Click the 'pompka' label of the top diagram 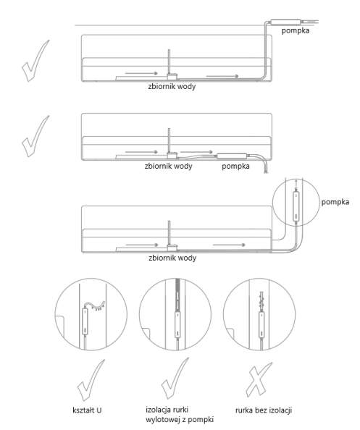click(x=296, y=30)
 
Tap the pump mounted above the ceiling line click(x=285, y=22)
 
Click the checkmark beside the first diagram click(x=35, y=61)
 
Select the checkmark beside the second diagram click(x=35, y=136)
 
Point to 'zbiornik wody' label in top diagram click(x=172, y=86)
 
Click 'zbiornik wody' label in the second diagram click(x=169, y=166)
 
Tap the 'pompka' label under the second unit click(x=235, y=166)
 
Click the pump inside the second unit click(x=232, y=156)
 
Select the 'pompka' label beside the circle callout click(x=335, y=202)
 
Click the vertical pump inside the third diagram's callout click(x=296, y=206)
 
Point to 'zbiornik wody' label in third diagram click(x=172, y=258)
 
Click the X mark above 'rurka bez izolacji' click(x=259, y=379)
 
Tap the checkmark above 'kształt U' click(x=91, y=380)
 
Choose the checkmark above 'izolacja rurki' click(x=175, y=379)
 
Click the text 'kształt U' click(x=87, y=410)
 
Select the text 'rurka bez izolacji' click(x=264, y=410)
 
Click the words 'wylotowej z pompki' click(x=180, y=420)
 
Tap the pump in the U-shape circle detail click(x=85, y=321)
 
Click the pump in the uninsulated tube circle click(x=261, y=325)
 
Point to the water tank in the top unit click(x=172, y=76)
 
